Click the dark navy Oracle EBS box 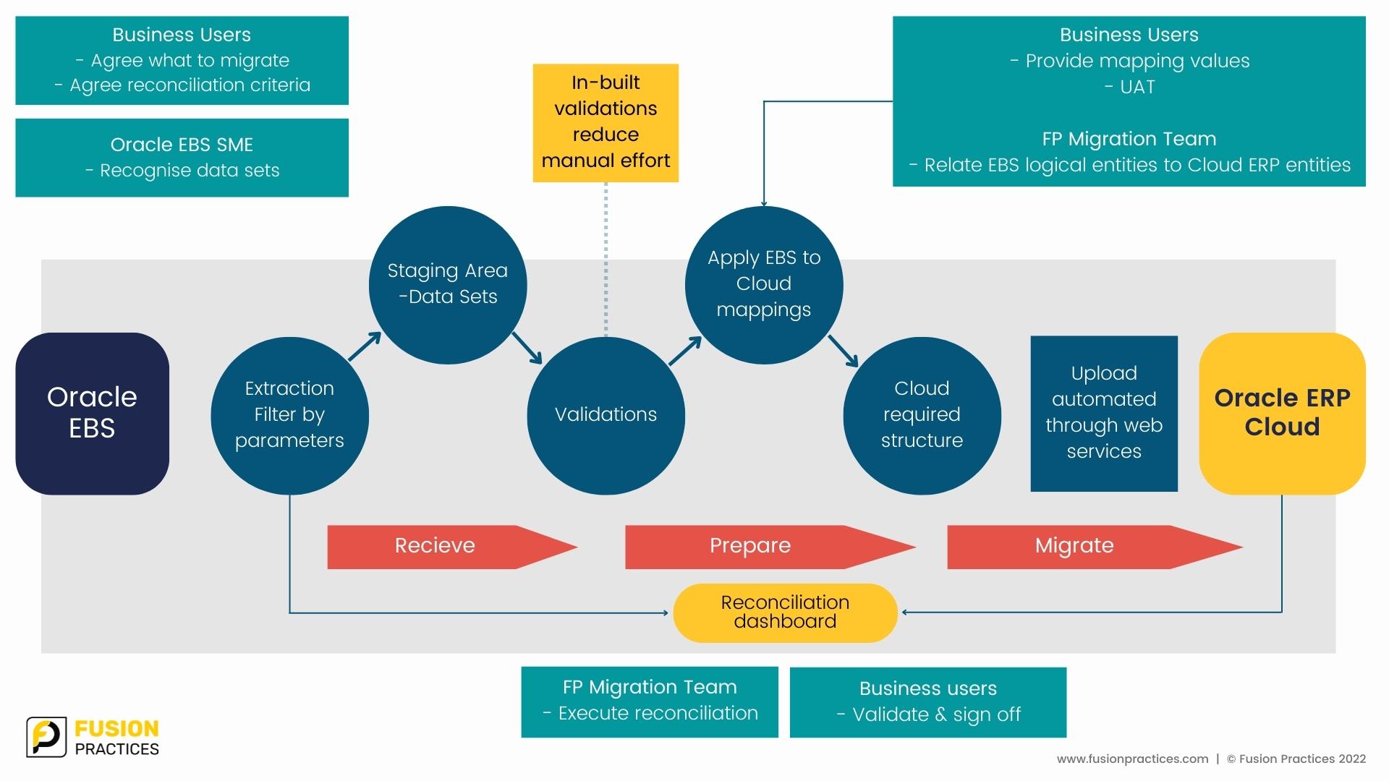pyautogui.click(x=92, y=414)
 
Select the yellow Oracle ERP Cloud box pyautogui.click(x=1282, y=414)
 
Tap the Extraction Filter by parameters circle pyautogui.click(x=289, y=416)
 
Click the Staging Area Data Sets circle pyautogui.click(x=448, y=285)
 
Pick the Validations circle pyautogui.click(x=606, y=416)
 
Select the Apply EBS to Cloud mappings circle pyautogui.click(x=764, y=285)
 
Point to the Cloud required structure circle pyautogui.click(x=922, y=416)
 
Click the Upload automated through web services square pyautogui.click(x=1104, y=414)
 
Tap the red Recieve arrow pyautogui.click(x=452, y=547)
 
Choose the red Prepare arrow pyautogui.click(x=770, y=547)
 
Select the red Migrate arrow pyautogui.click(x=1095, y=547)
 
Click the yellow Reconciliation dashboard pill pyautogui.click(x=785, y=613)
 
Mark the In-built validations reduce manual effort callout pyautogui.click(x=606, y=123)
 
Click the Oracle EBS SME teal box pyautogui.click(x=182, y=158)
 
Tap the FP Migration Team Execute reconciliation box pyautogui.click(x=650, y=702)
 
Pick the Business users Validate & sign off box pyautogui.click(x=928, y=702)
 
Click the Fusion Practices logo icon pyautogui.click(x=46, y=738)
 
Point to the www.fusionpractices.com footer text pyautogui.click(x=1132, y=759)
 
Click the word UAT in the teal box pyautogui.click(x=1137, y=87)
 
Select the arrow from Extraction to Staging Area pyautogui.click(x=365, y=346)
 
